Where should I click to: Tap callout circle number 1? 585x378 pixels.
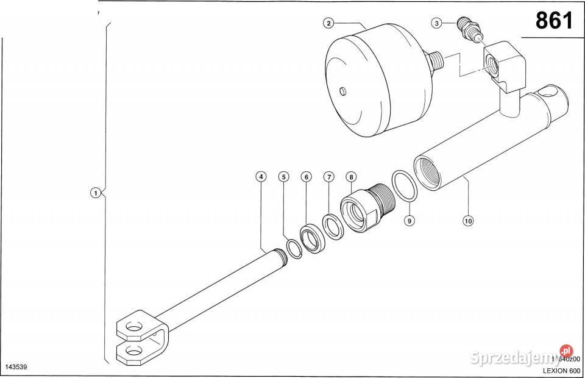94,193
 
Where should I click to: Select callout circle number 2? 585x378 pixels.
328,23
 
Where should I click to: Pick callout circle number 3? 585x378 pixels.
436,23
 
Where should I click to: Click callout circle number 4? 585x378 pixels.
261,177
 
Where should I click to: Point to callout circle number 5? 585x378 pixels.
283,177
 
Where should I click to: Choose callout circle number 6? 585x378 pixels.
306,177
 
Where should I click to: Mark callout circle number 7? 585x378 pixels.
328,177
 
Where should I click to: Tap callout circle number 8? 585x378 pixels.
351,177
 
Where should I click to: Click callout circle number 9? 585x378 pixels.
409,221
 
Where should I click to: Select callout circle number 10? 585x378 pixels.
468,221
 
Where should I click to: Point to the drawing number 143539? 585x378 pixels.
17,368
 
